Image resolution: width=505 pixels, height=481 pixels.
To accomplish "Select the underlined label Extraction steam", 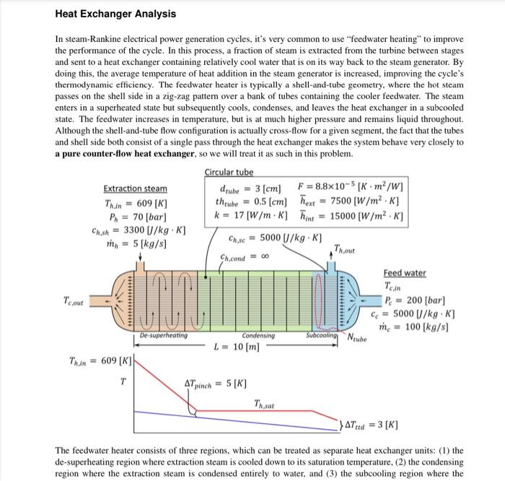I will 135,188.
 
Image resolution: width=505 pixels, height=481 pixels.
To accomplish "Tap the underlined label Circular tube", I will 229,172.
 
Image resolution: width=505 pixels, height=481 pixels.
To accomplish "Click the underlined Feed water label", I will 404,273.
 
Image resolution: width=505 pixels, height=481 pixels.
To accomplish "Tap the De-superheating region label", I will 163,335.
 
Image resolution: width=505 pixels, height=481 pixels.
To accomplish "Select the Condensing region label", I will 258,335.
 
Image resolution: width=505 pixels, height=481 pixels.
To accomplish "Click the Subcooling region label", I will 325,335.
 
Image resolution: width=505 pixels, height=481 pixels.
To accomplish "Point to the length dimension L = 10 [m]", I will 237,347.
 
